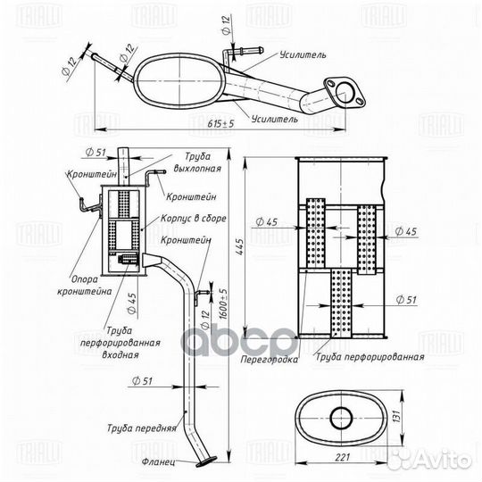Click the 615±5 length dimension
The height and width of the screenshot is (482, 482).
pyautogui.click(x=220, y=123)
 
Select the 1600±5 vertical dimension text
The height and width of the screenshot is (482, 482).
pyautogui.click(x=223, y=304)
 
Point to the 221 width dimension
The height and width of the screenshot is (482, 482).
pyautogui.click(x=343, y=457)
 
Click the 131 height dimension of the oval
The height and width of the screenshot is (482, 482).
pyautogui.click(x=397, y=416)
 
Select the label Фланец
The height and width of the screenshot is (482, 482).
pyautogui.click(x=159, y=462)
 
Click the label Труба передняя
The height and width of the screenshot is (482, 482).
pyautogui.click(x=142, y=428)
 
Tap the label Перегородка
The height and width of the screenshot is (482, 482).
pyautogui.click(x=270, y=360)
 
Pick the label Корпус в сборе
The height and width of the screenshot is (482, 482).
pyautogui.click(x=194, y=219)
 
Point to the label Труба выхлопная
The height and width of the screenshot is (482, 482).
pyautogui.click(x=197, y=162)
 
